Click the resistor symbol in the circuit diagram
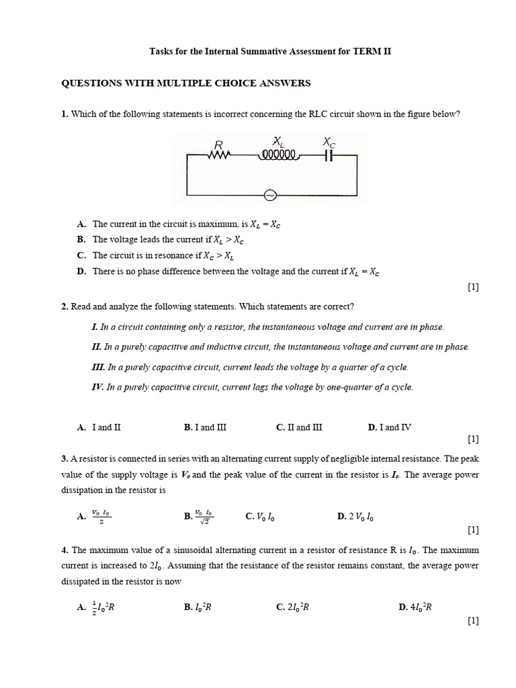tap(219, 155)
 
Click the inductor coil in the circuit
tap(277, 155)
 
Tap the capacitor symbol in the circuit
tap(329, 155)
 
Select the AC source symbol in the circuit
tap(270, 196)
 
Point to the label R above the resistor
tap(218, 144)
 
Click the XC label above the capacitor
tap(329, 142)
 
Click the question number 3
tap(64, 458)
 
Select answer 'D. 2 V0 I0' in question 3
tap(355, 517)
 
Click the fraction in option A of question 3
tap(101, 516)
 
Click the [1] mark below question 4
tap(472, 621)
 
